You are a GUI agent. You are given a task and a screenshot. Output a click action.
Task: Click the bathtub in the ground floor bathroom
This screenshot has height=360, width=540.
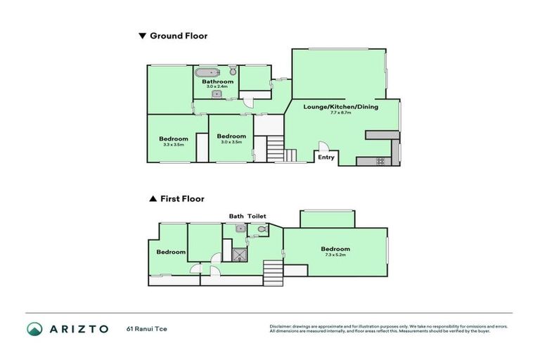[207, 72]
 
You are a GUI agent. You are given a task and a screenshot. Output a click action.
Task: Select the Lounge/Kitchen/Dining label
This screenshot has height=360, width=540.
[340, 107]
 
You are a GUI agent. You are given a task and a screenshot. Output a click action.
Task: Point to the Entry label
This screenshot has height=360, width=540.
[326, 157]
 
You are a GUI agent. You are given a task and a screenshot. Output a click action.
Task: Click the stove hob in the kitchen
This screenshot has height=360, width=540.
[380, 161]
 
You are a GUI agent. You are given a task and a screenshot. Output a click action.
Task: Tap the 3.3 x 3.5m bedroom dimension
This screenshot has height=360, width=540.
[173, 145]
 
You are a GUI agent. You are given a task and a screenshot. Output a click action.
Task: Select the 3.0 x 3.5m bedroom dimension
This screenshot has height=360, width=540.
[231, 142]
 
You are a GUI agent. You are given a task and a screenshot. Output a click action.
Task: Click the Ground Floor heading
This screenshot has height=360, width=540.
[178, 35]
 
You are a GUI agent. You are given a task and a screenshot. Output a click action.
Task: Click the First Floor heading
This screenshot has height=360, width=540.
[181, 199]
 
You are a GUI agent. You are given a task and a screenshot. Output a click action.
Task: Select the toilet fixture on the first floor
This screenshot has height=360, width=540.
[261, 229]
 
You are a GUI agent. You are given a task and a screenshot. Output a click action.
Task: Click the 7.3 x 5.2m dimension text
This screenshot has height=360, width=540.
[335, 255]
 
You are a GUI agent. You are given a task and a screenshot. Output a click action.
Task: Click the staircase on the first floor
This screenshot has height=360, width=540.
[271, 271]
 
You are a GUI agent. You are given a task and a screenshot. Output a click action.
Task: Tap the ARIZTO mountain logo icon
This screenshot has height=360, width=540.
[34, 328]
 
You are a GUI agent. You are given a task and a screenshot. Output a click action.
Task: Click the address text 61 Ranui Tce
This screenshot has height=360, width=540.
[147, 328]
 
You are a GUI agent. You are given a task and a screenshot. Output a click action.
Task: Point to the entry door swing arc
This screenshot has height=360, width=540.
[323, 147]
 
